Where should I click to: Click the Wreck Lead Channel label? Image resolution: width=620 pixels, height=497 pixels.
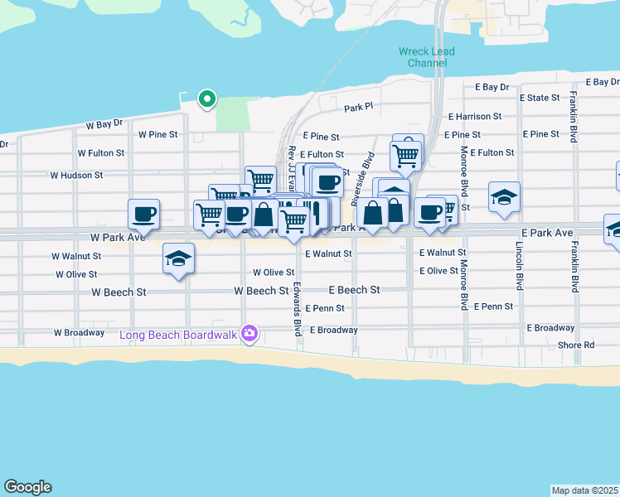pos(426,57)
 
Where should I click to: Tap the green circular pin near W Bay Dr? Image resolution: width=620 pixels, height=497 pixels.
pos(206,100)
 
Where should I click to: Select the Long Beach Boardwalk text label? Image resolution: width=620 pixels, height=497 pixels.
pos(178,335)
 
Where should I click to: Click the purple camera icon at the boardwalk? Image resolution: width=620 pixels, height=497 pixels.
pos(249,335)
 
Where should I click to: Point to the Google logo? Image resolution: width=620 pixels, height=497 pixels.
pos(27,487)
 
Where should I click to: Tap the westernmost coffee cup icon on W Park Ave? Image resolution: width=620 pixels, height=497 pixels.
pos(143,214)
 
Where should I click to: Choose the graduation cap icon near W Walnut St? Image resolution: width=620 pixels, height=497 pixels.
pos(178,258)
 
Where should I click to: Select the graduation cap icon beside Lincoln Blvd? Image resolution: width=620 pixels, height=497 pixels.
pos(504,197)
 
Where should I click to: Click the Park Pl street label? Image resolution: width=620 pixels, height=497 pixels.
pos(359,109)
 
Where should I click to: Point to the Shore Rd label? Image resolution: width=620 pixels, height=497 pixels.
pos(576,345)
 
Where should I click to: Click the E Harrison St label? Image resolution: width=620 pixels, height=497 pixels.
pos(474,118)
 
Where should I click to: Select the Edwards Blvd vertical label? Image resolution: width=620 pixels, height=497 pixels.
pos(297,308)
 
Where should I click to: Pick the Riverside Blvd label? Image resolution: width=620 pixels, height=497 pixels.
pos(361,178)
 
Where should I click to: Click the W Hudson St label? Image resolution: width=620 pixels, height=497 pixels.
pos(76,176)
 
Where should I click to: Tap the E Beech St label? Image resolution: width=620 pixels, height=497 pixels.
pos(354,290)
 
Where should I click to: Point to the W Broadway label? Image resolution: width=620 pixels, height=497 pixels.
pos(80,333)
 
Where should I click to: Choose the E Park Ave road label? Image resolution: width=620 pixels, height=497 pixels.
pos(547,235)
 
